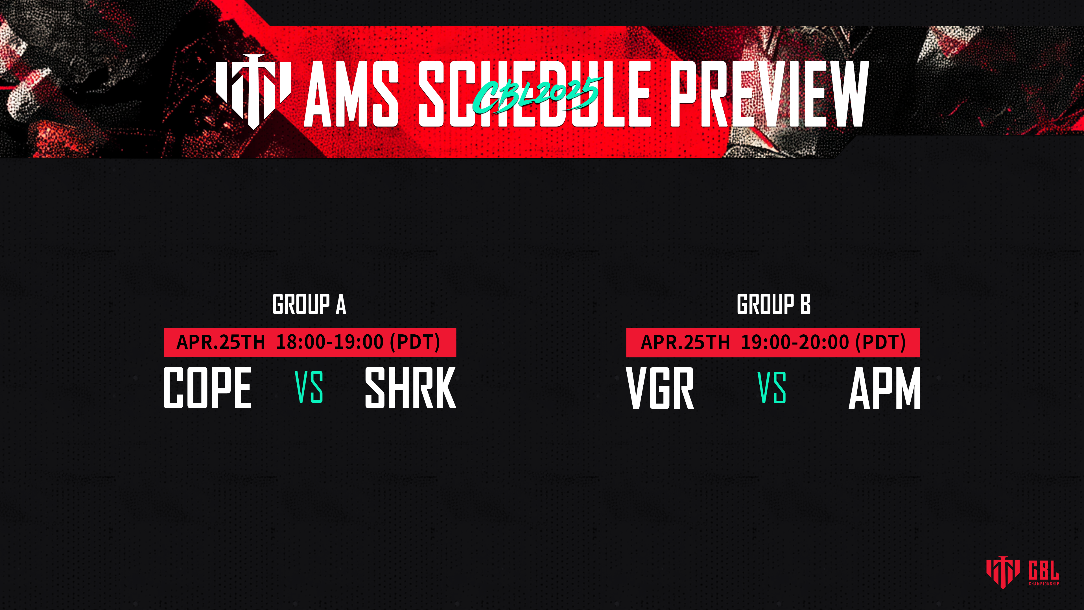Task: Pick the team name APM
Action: tap(884, 388)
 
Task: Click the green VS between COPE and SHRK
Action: tap(309, 387)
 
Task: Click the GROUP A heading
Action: tap(309, 304)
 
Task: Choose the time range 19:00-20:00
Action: tap(795, 342)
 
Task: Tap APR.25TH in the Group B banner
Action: tap(685, 342)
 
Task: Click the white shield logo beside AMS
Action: tap(253, 92)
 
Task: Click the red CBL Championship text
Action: tap(1044, 573)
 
